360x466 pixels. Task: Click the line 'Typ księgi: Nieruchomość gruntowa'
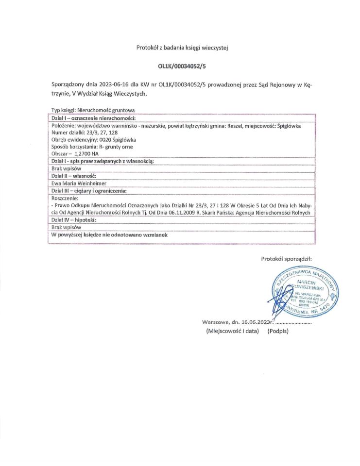coord(93,110)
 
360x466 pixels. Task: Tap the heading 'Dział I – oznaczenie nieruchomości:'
coord(93,118)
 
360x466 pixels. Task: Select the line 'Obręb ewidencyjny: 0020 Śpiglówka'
coord(94,139)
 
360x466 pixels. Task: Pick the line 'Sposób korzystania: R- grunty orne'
coord(92,146)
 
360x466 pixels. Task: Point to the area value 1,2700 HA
coord(86,153)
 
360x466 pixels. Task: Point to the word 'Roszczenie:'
coord(64,198)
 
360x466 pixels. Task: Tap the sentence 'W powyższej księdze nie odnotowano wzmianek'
coord(109,234)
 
